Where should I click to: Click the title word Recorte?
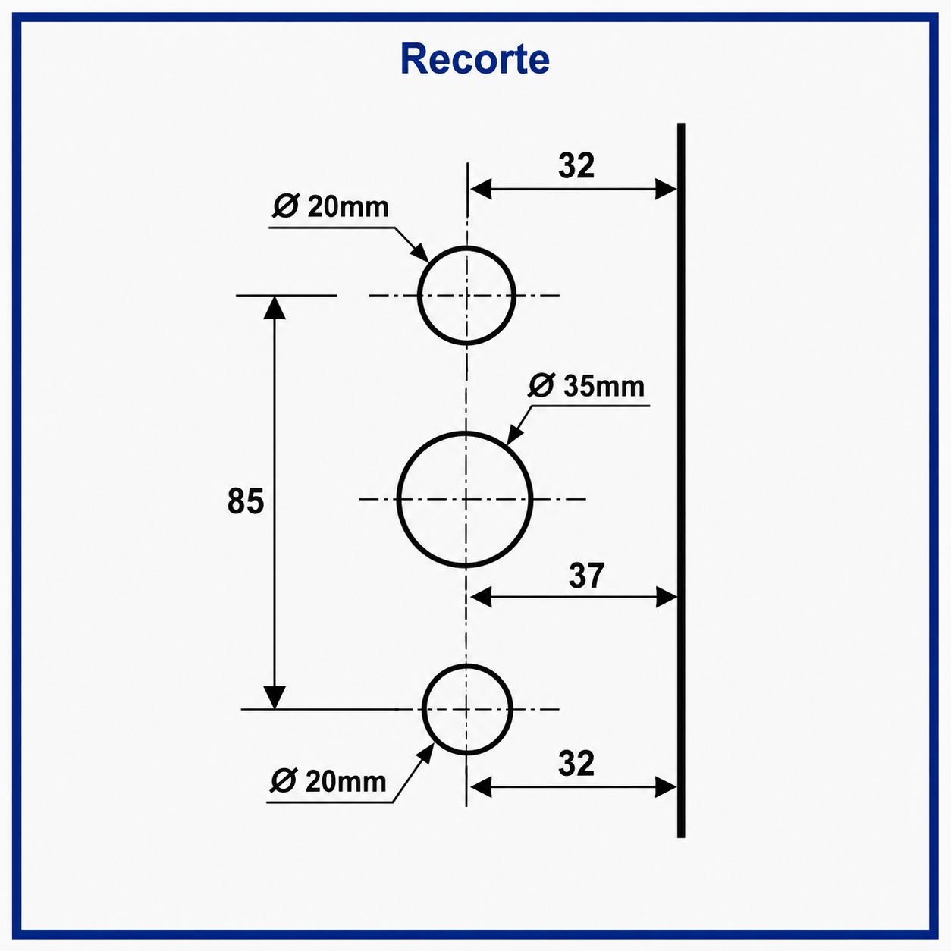pos(475,59)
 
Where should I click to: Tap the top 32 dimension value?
pos(576,166)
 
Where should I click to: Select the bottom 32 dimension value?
pos(576,764)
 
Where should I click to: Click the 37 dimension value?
pos(586,576)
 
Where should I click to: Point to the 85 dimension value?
pos(245,501)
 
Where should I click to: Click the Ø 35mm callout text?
pos(586,386)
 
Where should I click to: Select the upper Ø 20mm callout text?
pos(331,207)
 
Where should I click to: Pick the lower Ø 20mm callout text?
pos(328,782)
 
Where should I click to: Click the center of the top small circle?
pos(466,295)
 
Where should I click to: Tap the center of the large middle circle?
pos(465,500)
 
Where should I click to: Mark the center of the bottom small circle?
pos(467,709)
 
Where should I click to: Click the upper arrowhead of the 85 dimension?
pos(275,307)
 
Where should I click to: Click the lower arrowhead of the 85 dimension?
pos(275,698)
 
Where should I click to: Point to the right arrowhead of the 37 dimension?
pos(667,597)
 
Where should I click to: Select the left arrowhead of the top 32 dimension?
pos(480,189)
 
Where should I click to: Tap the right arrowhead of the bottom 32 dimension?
pos(666,786)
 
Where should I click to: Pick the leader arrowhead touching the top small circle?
pos(420,253)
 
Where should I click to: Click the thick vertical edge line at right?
pos(681,480)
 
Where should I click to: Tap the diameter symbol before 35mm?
pos(541,386)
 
